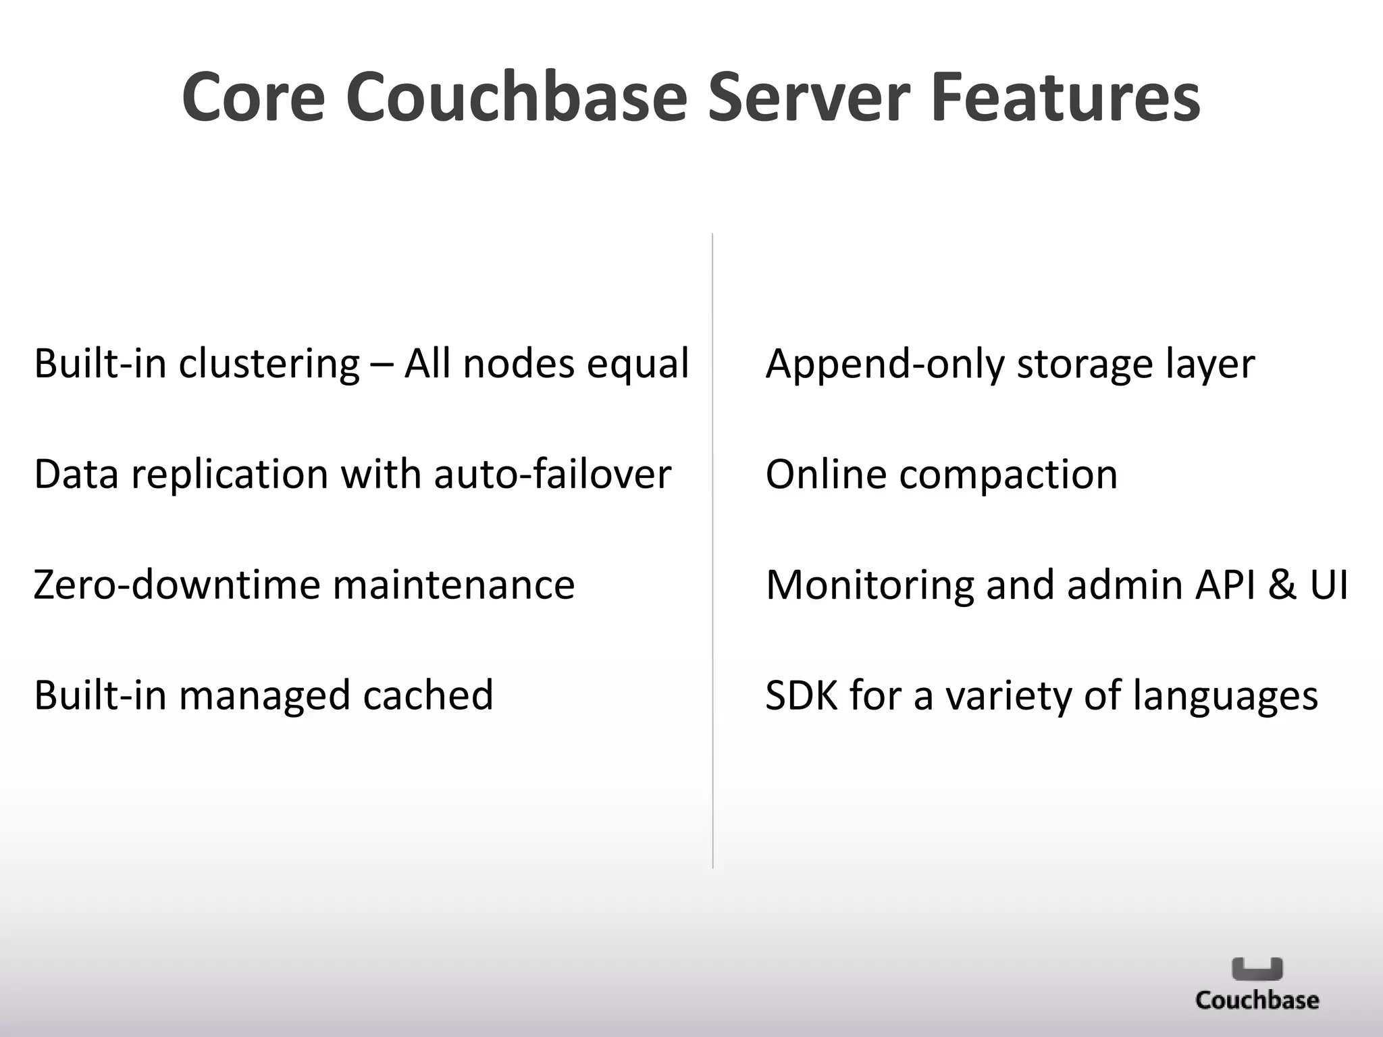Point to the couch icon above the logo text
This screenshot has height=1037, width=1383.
1257,969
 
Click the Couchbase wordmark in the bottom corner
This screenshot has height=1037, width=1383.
1257,1000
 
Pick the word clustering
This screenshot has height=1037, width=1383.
269,365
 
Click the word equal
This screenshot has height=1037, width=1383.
637,365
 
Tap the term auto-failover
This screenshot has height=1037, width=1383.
552,475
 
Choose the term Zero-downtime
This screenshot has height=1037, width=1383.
176,585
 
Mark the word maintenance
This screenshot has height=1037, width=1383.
453,585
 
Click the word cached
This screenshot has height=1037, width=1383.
428,695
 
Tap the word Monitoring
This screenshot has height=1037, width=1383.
869,585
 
